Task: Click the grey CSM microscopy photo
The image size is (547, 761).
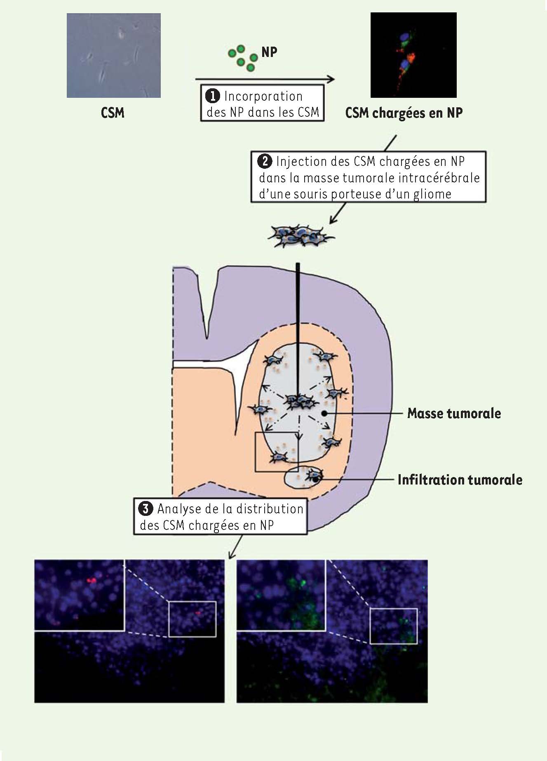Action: pyautogui.click(x=113, y=55)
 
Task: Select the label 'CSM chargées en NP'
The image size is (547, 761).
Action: pyautogui.click(x=404, y=113)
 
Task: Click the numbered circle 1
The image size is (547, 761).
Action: pyautogui.click(x=213, y=97)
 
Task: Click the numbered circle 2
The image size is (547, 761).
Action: pyautogui.click(x=265, y=161)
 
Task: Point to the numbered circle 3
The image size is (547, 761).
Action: pyautogui.click(x=146, y=509)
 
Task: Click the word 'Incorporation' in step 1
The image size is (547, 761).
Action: pyautogui.click(x=263, y=97)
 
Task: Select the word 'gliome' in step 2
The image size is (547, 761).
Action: pyautogui.click(x=432, y=194)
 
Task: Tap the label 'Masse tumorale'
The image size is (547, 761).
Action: pyautogui.click(x=454, y=413)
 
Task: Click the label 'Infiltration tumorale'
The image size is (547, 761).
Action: pyautogui.click(x=460, y=480)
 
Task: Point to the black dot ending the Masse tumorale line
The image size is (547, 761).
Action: pyautogui.click(x=325, y=413)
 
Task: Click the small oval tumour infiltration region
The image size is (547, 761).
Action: pyautogui.click(x=303, y=478)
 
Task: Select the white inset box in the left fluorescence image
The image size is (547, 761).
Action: pyautogui.click(x=192, y=619)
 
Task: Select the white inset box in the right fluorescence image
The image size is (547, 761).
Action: pyautogui.click(x=393, y=626)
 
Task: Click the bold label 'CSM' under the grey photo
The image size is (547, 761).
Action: pyautogui.click(x=113, y=113)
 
